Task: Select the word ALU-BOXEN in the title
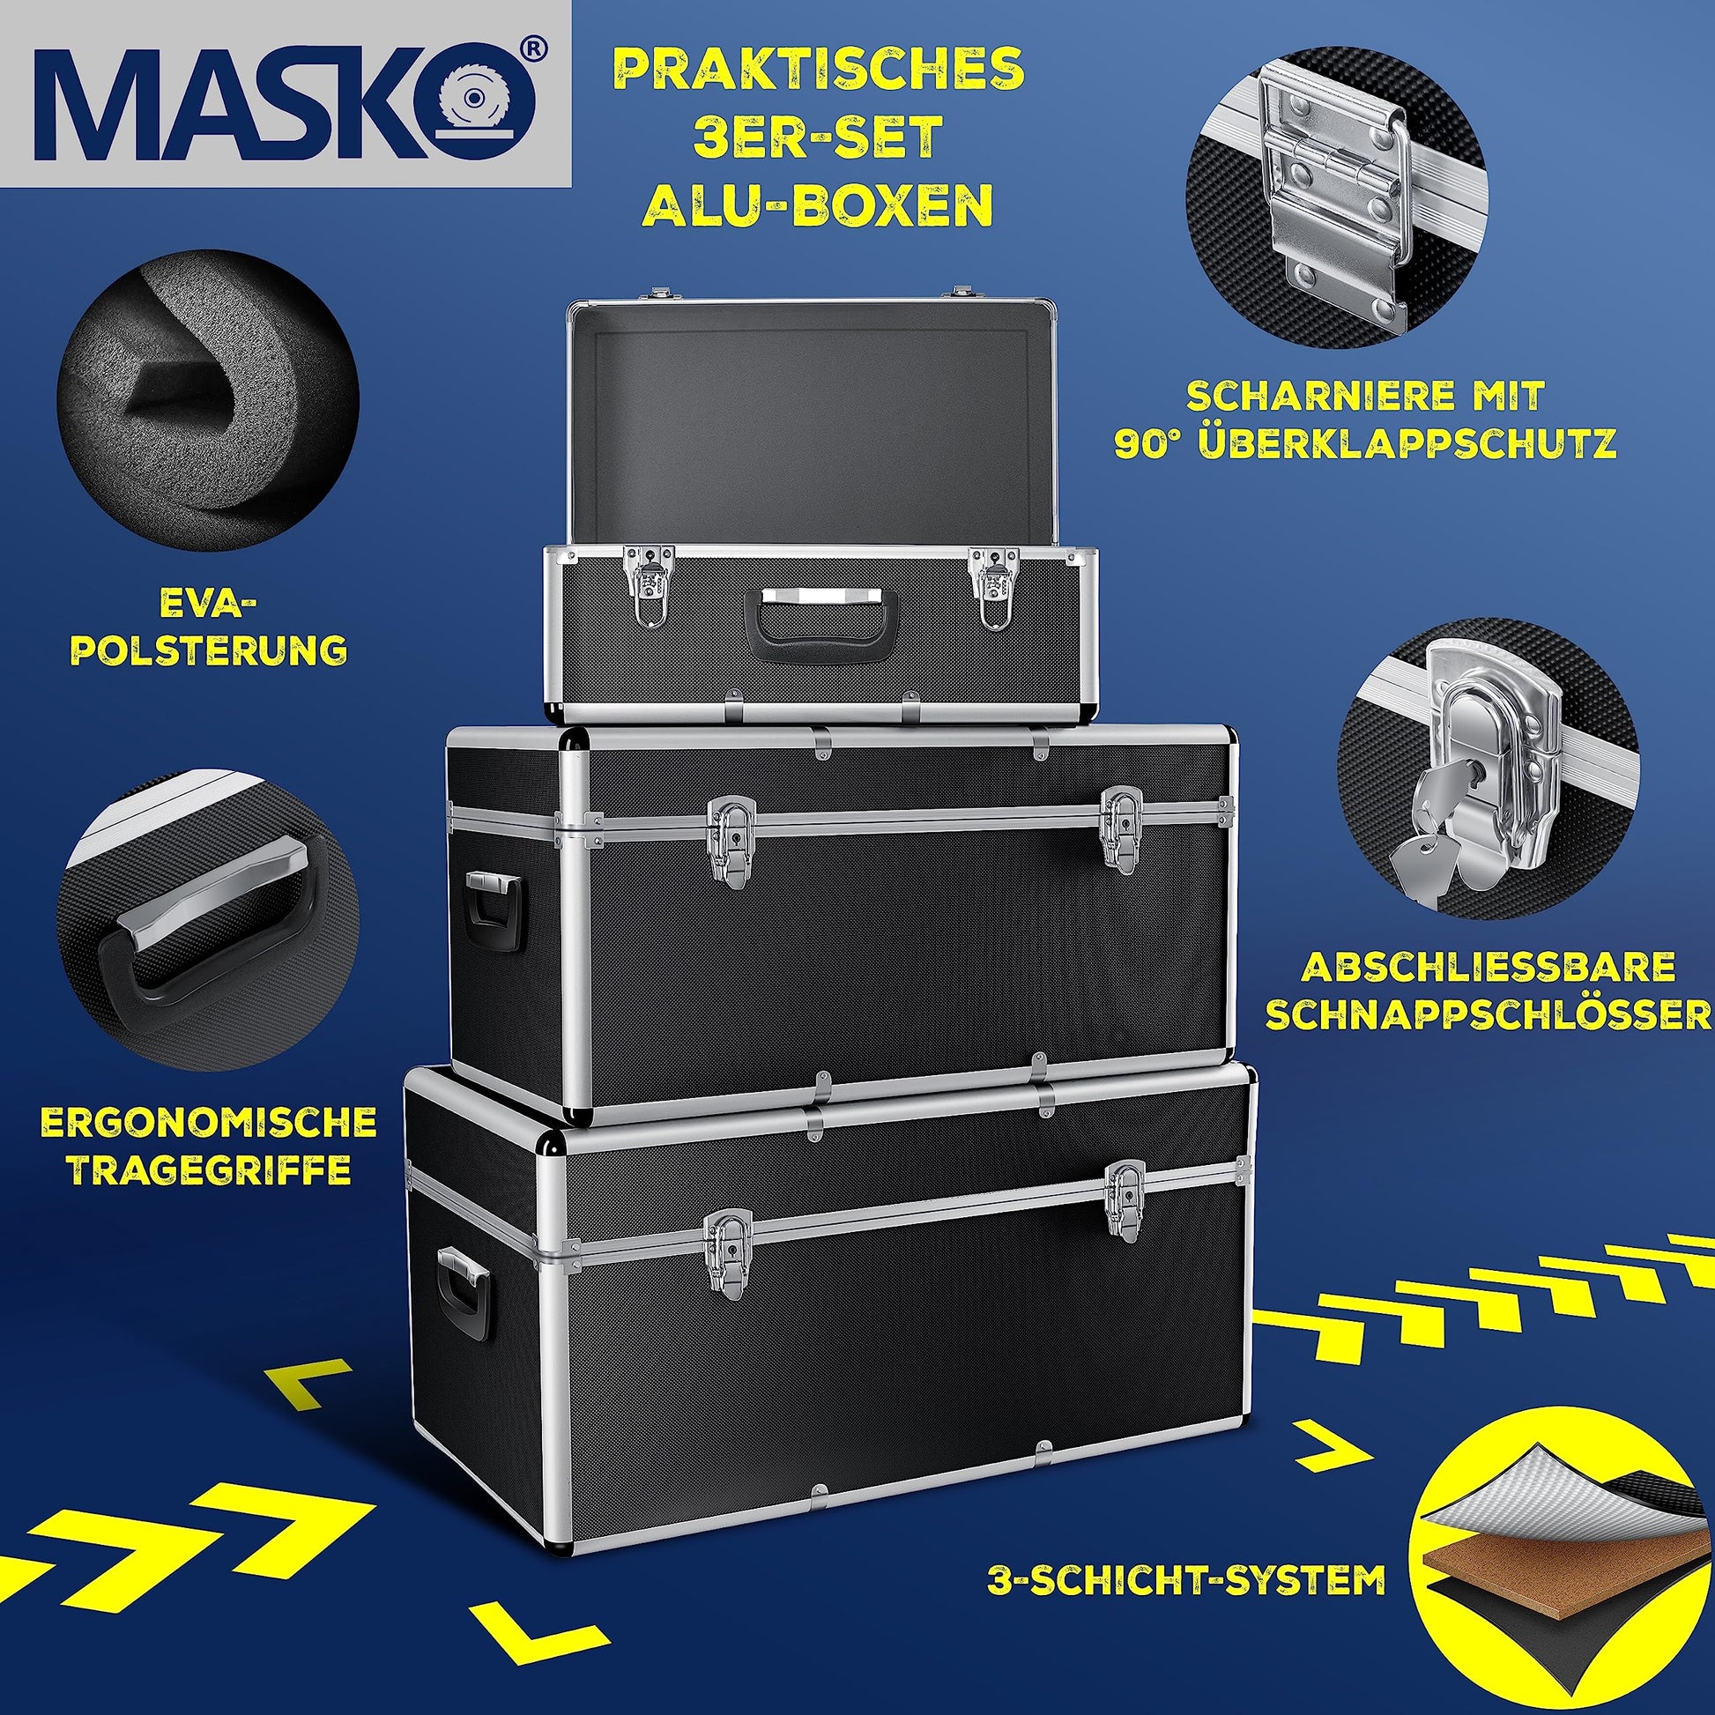click(x=818, y=205)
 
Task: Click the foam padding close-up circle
click(x=208, y=398)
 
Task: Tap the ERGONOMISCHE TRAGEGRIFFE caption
click(x=209, y=1146)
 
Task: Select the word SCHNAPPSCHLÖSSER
click(x=1489, y=1014)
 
